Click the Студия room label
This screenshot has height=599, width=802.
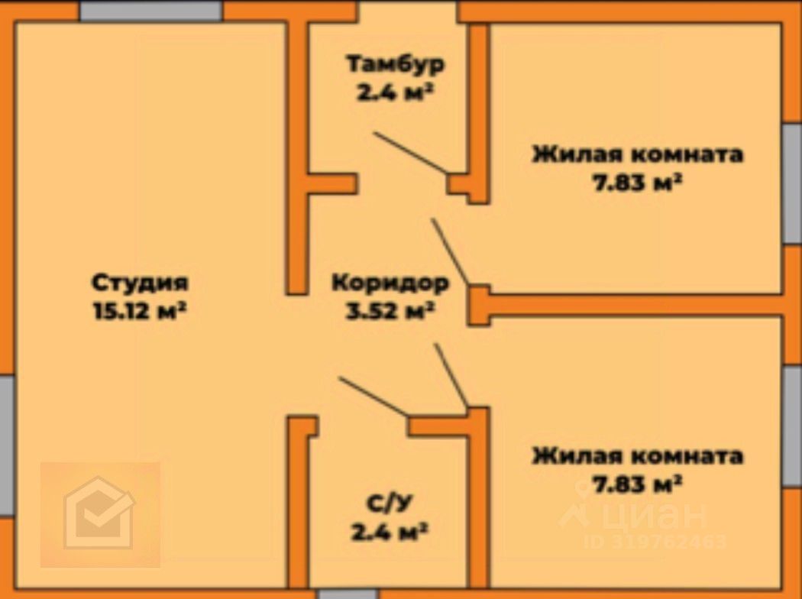tap(140, 283)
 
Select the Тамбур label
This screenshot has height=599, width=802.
tap(395, 64)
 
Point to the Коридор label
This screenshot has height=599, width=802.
tap(390, 283)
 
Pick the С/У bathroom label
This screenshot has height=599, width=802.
tap(389, 503)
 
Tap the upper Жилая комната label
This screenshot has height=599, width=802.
tap(637, 154)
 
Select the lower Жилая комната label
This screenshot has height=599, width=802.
tap(637, 456)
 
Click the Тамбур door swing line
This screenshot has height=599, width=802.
tap(411, 154)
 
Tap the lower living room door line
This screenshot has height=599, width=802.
tap(451, 375)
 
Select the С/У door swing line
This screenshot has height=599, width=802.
tap(374, 397)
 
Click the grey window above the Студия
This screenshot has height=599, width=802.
tap(151, 11)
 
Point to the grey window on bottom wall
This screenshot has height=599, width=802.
tap(348, 594)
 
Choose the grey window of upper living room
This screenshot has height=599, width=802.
tap(792, 183)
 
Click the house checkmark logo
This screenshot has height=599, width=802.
tap(100, 513)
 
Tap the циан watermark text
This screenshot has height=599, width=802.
tap(653, 515)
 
